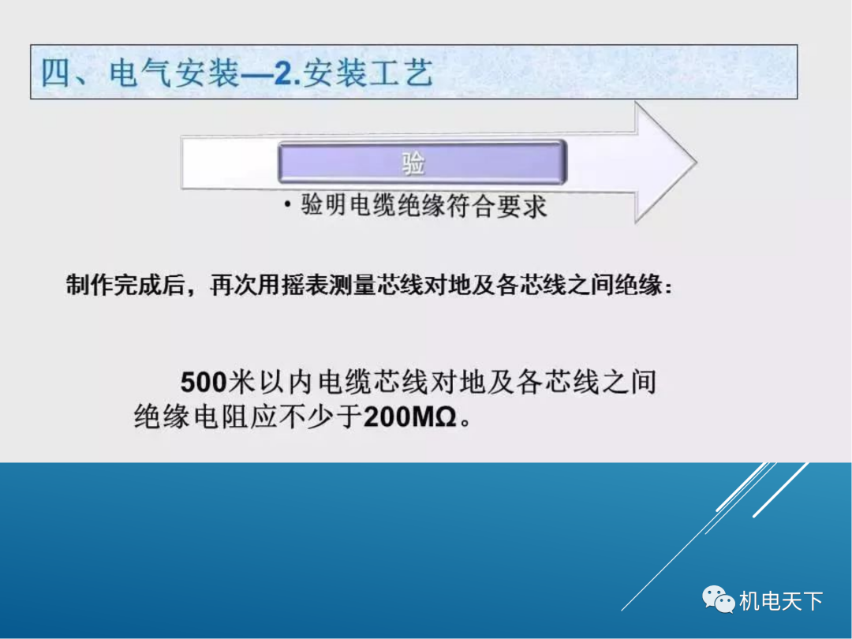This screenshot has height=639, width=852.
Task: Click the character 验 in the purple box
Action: coord(413,163)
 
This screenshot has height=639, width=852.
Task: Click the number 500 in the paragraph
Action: coord(204,383)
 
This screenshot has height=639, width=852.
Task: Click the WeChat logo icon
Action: coord(718,600)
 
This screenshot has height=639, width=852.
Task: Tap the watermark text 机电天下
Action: coord(781,601)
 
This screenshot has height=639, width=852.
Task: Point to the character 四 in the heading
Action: coord(57,74)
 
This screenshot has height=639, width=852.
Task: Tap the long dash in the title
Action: coord(255,76)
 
